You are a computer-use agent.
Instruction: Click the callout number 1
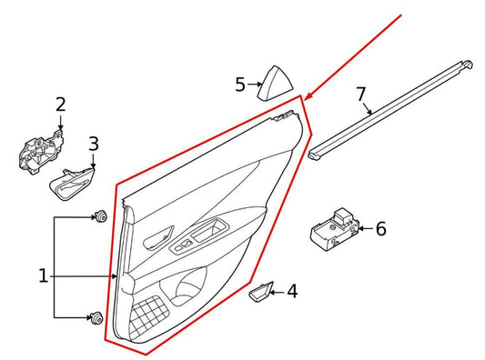(x=43, y=275)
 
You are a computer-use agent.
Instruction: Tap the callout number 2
(x=60, y=105)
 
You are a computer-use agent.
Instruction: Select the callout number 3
(x=94, y=143)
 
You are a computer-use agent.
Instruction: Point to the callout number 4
(x=292, y=292)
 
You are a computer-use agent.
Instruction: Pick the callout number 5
(x=240, y=85)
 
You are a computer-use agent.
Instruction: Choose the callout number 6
(x=380, y=228)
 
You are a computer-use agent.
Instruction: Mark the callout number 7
(x=360, y=93)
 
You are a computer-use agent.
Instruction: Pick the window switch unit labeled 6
(x=331, y=230)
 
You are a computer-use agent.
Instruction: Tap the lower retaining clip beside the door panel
(x=95, y=317)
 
